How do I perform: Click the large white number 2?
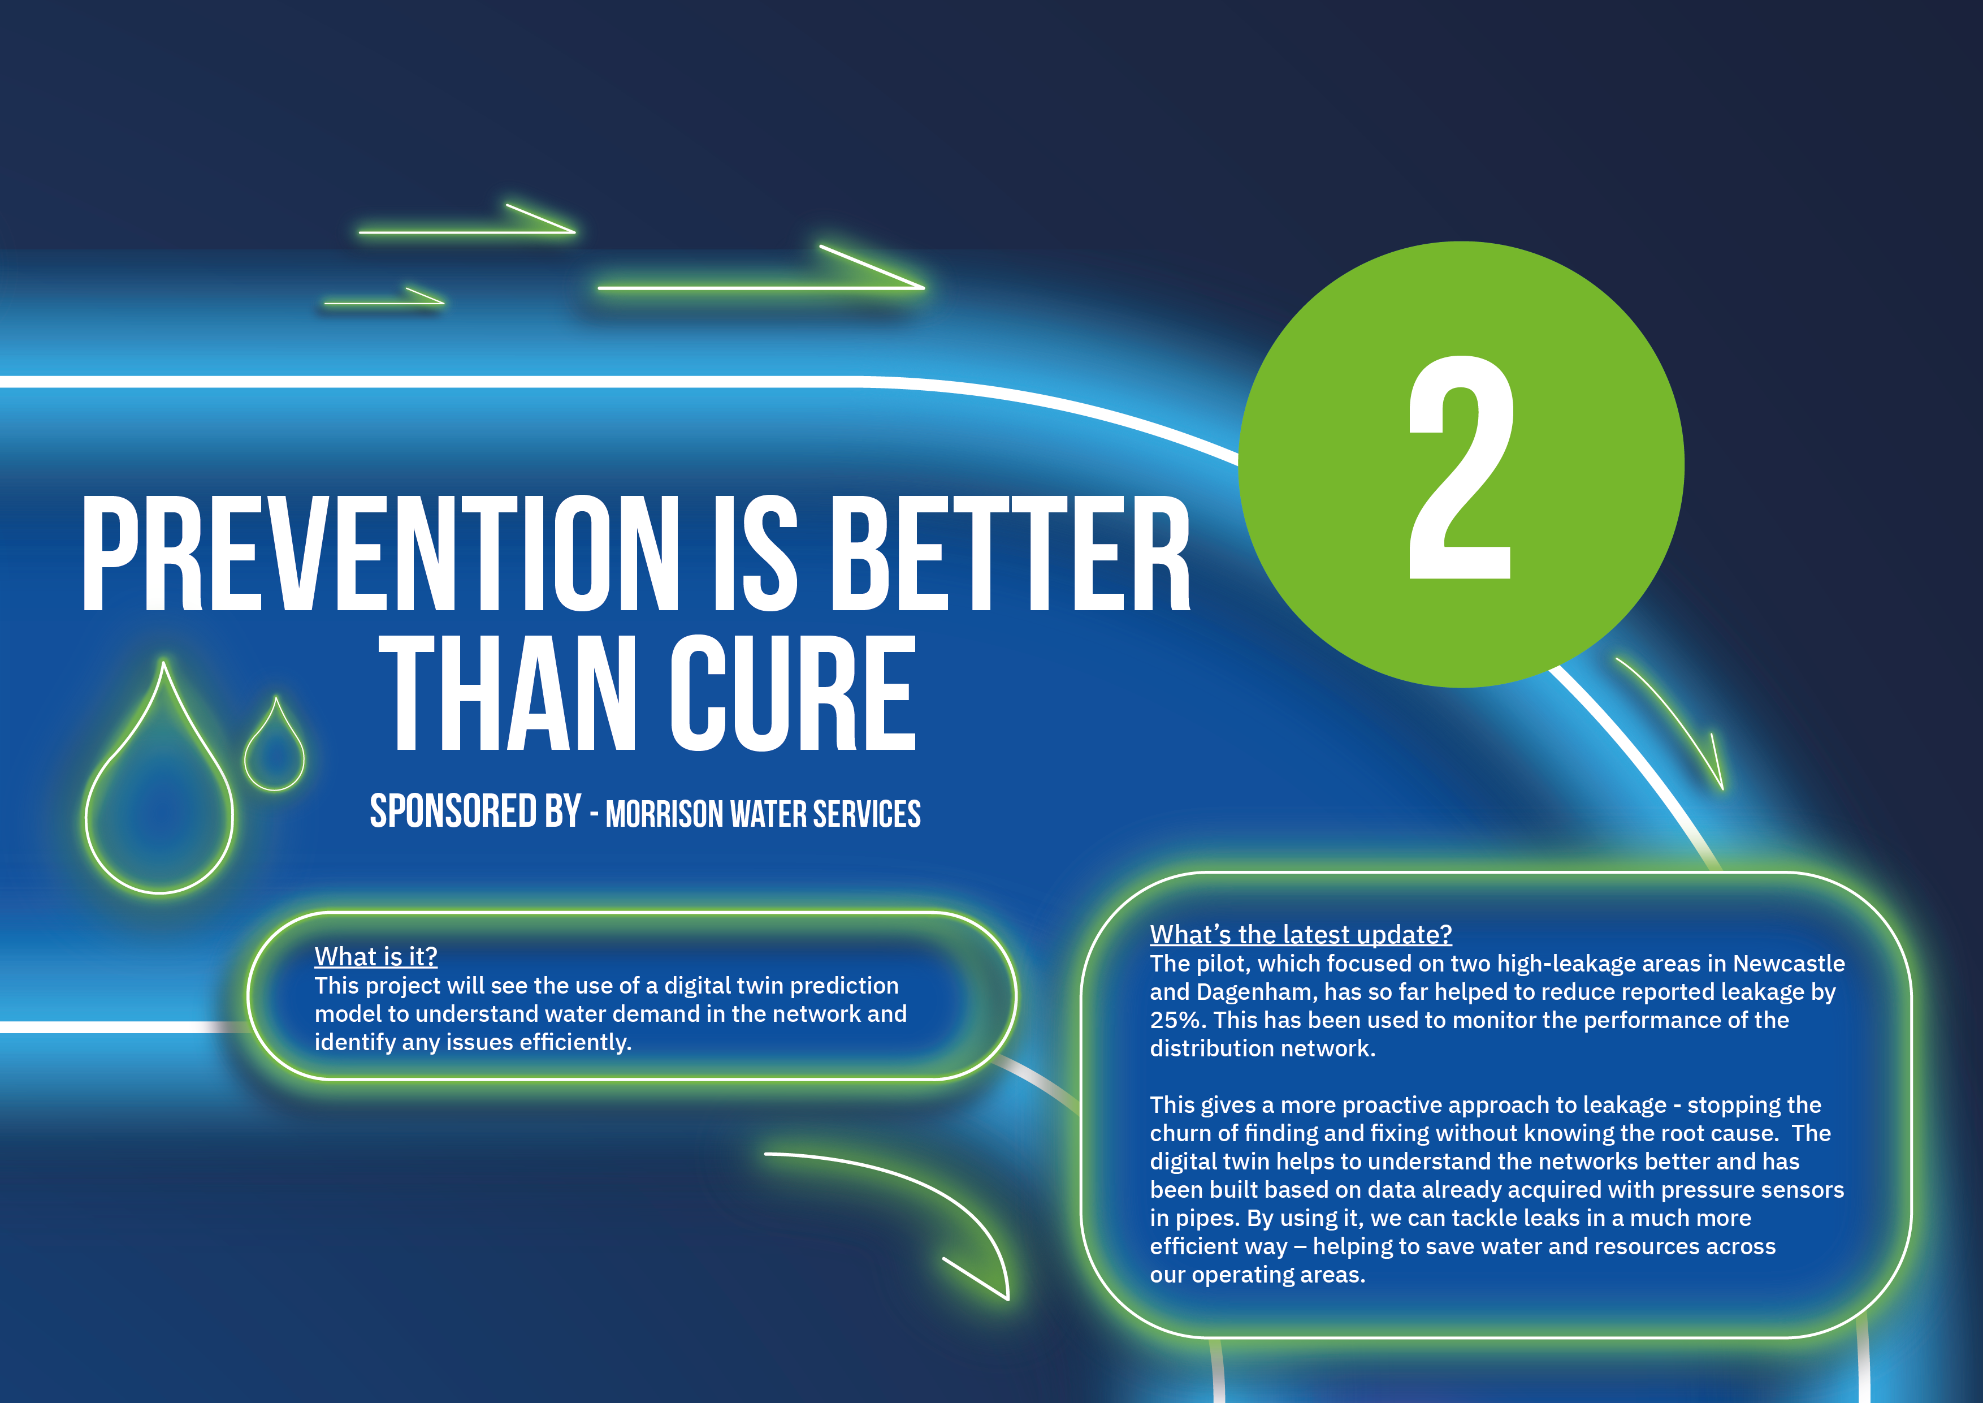1461,467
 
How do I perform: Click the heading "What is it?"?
376,956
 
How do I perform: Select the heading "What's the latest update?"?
1301,934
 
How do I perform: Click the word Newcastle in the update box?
1789,963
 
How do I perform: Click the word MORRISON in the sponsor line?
664,814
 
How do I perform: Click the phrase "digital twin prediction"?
781,986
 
